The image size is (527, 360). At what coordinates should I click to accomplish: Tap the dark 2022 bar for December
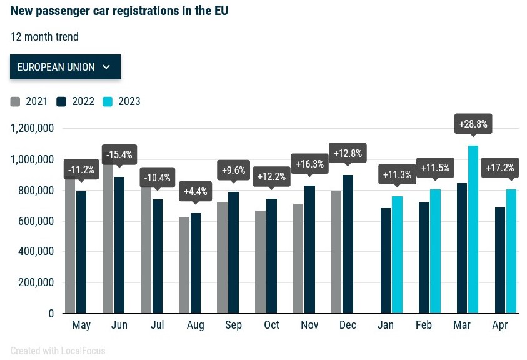click(x=348, y=244)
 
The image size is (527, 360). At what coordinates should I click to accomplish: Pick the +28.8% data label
click(x=473, y=124)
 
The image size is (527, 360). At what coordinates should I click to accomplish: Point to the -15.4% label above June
click(x=119, y=154)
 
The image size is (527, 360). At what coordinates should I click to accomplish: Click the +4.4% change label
click(x=196, y=191)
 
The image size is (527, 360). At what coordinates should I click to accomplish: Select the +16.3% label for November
click(x=309, y=164)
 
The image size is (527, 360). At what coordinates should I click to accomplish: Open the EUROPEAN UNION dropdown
click(x=65, y=67)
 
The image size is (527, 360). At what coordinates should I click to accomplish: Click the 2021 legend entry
click(x=29, y=101)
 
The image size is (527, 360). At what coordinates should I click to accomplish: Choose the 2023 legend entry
click(x=122, y=101)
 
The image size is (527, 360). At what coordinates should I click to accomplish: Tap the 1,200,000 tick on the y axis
click(x=33, y=129)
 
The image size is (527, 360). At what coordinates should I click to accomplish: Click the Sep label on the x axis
click(x=233, y=326)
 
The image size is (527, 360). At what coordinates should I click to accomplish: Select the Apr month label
click(x=500, y=326)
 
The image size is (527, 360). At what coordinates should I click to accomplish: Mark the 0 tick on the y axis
click(x=51, y=314)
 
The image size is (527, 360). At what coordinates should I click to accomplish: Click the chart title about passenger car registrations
click(x=119, y=11)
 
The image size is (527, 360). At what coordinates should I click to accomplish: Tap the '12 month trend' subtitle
click(x=44, y=37)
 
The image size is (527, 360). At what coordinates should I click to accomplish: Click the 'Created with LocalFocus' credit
click(x=58, y=351)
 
